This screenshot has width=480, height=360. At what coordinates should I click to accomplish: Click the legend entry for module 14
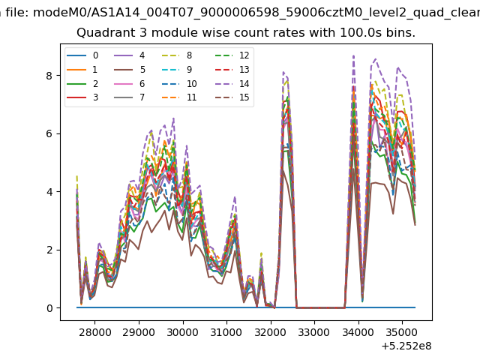[x=232, y=83]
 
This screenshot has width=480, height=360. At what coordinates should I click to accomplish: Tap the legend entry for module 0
[x=82, y=55]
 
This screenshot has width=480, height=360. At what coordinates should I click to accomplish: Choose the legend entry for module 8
[x=177, y=55]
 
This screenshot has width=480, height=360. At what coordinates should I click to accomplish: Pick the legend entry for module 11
[x=178, y=97]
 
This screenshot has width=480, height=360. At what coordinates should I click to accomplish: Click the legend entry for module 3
[x=82, y=97]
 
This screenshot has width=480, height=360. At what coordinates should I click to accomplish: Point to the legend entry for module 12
[x=232, y=55]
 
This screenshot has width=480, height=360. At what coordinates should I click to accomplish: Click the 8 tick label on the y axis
[x=49, y=76]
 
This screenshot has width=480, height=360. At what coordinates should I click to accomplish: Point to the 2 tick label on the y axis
[x=49, y=250]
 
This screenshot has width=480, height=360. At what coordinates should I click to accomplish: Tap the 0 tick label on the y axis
[x=49, y=308]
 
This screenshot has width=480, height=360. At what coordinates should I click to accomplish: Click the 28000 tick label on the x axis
[x=95, y=332]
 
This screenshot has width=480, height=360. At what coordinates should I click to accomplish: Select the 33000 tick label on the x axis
[x=314, y=332]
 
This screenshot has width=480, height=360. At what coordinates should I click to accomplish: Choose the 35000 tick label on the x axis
[x=402, y=332]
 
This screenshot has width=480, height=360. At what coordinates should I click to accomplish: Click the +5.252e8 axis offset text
[x=406, y=346]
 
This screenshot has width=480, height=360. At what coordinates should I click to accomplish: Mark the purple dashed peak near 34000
[x=353, y=56]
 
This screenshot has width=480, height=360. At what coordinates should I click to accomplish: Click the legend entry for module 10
[x=178, y=83]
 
